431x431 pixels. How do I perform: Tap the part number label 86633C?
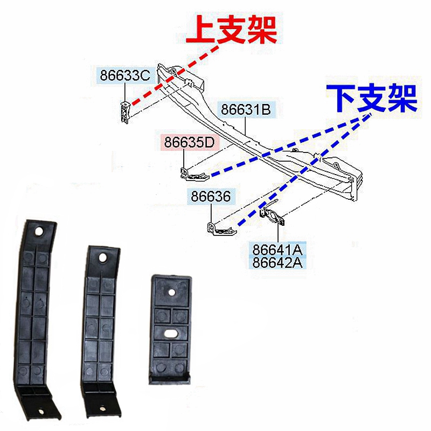click(x=124, y=75)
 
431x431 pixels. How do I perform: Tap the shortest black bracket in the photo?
click(x=170, y=329)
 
